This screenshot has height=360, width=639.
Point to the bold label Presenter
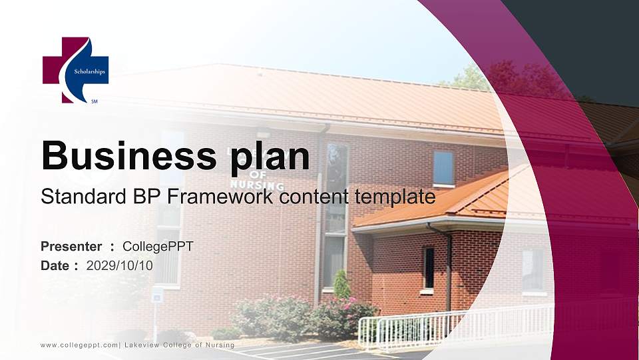(x=71, y=247)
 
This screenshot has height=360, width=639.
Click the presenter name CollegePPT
(x=158, y=247)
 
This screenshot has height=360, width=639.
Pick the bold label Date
(x=55, y=265)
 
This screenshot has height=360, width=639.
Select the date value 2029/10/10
(x=120, y=265)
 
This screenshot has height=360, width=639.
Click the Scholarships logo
(x=75, y=70)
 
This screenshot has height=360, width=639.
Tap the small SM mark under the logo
(x=94, y=102)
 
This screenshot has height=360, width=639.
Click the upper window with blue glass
(x=443, y=167)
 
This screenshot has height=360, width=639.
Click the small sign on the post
(x=157, y=296)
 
